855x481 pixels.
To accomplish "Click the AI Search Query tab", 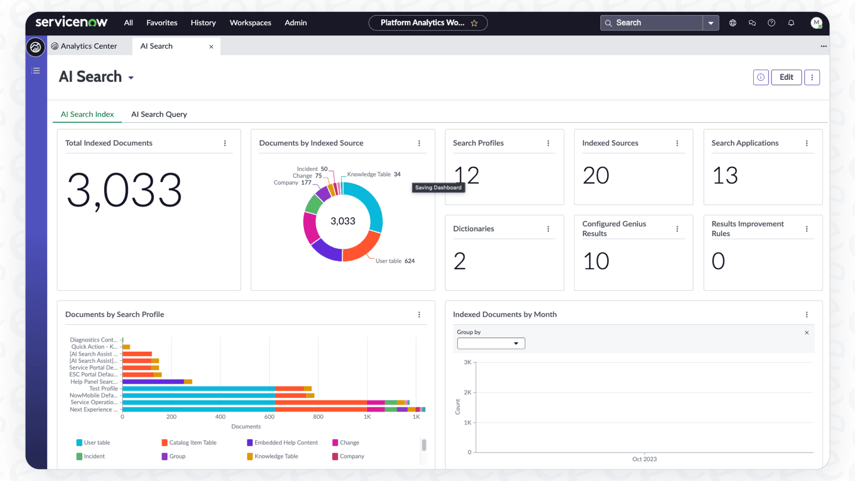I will point(159,114).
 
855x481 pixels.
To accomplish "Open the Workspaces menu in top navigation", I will point(250,22).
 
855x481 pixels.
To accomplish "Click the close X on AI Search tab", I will point(211,46).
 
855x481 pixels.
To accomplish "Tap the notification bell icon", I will point(791,22).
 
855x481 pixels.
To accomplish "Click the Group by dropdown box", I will point(491,344).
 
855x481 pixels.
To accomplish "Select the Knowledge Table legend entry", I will point(276,456).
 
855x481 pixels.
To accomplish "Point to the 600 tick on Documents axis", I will point(269,416).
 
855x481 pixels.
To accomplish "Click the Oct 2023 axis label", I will point(644,459).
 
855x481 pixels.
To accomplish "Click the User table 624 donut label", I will point(395,261).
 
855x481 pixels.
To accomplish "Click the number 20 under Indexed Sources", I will point(596,176).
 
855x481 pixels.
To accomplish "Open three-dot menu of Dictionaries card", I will point(548,229).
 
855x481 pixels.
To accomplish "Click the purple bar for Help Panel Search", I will point(153,381).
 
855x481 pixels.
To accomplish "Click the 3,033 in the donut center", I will point(343,221).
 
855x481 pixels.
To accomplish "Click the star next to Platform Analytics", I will point(474,23).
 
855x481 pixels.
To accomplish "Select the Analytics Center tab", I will point(89,46).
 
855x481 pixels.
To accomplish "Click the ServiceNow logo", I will point(71,22).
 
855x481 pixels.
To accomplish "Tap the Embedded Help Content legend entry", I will point(286,442).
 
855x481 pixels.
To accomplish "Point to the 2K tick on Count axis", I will point(467,392).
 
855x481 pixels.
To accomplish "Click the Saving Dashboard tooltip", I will point(438,187).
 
